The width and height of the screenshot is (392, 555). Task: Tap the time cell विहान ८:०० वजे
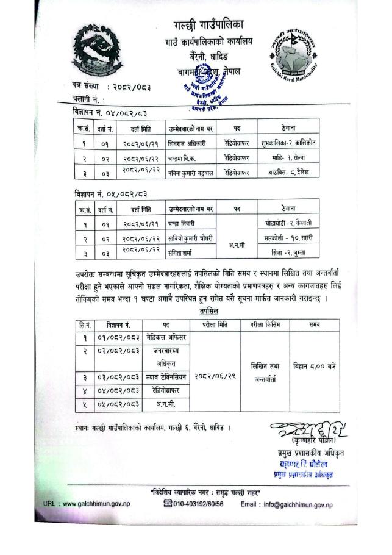(x=314, y=366)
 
